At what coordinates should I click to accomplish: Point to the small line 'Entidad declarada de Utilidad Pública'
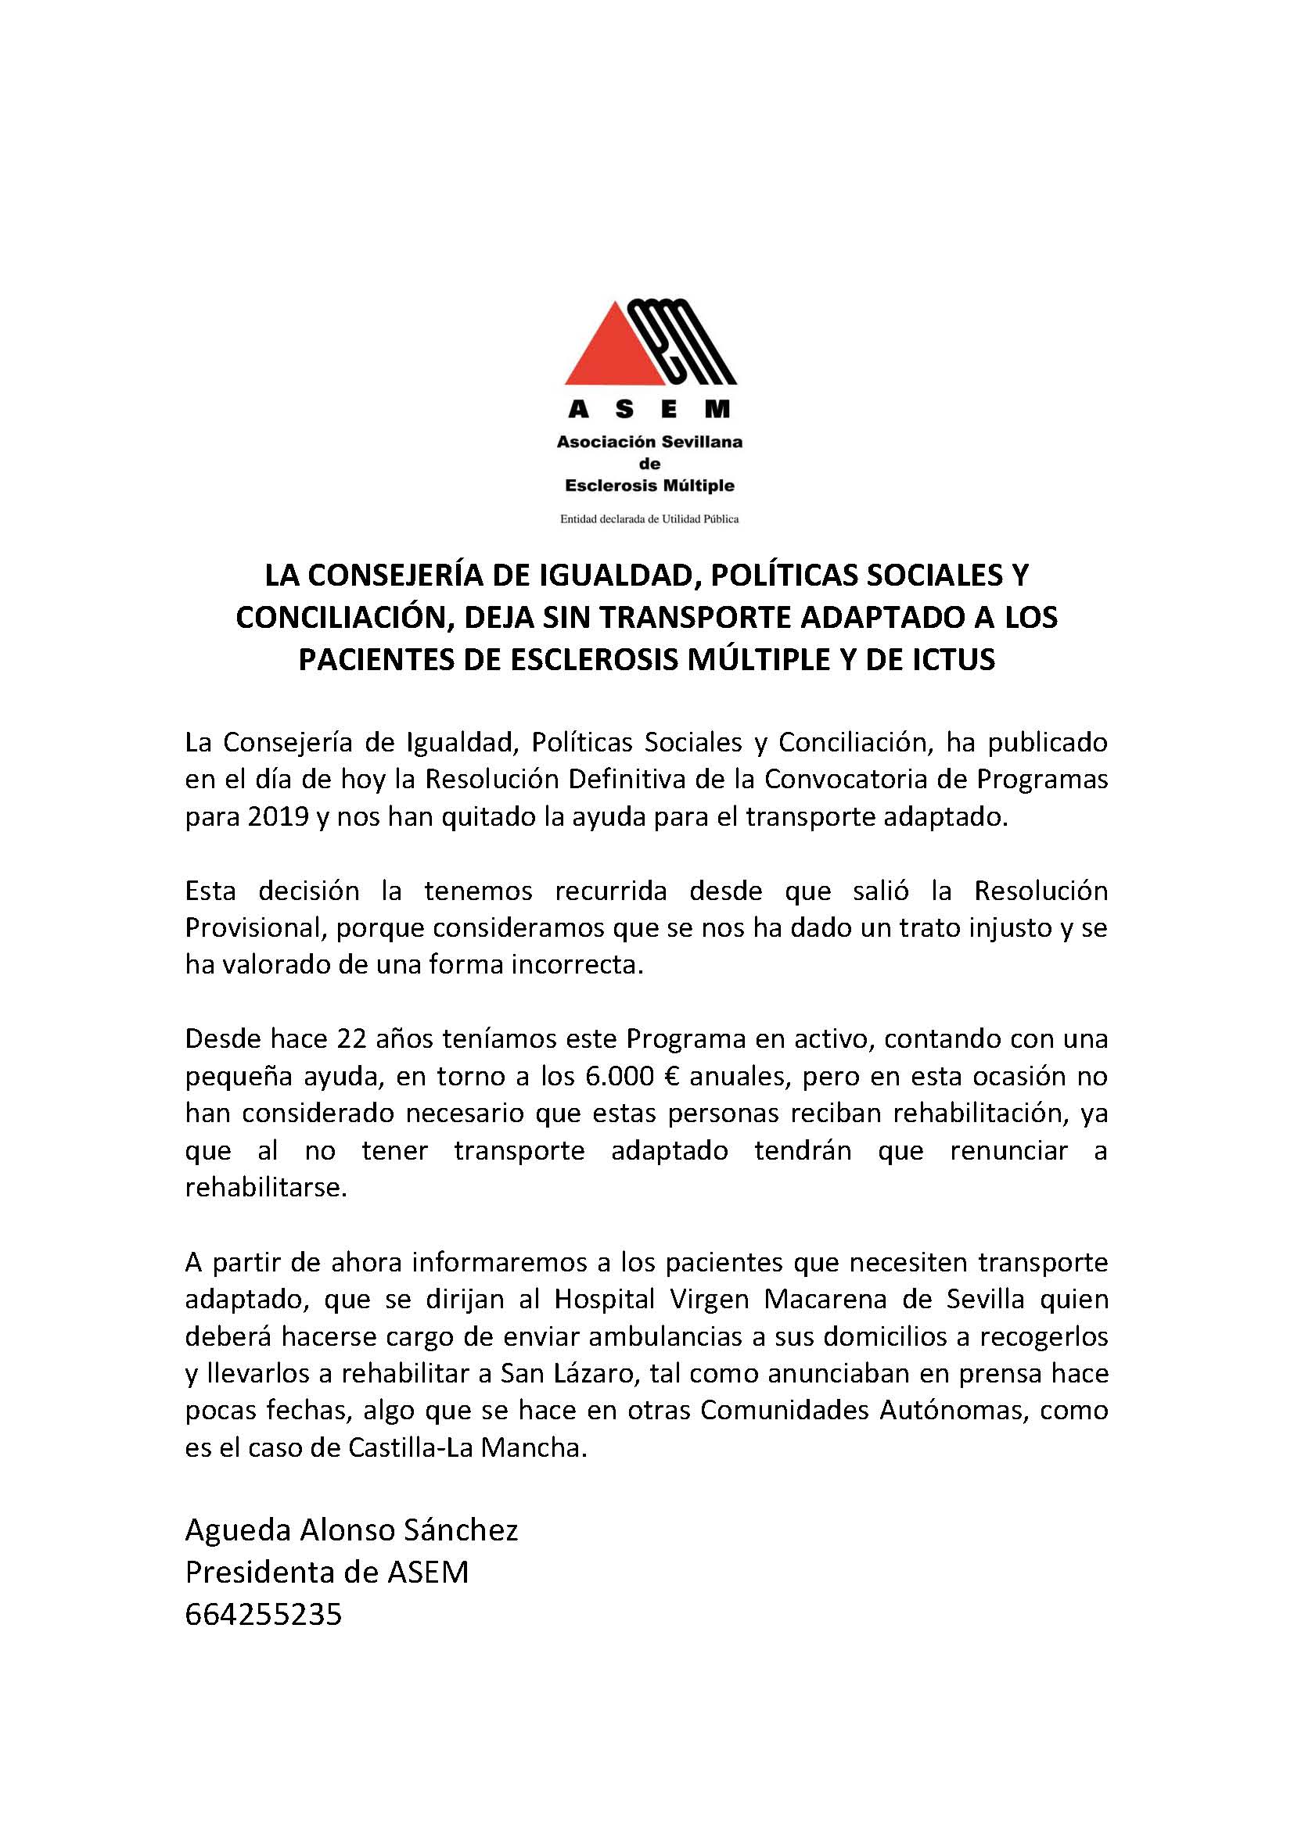coord(649,519)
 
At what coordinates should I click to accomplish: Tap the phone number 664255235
coord(264,1614)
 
